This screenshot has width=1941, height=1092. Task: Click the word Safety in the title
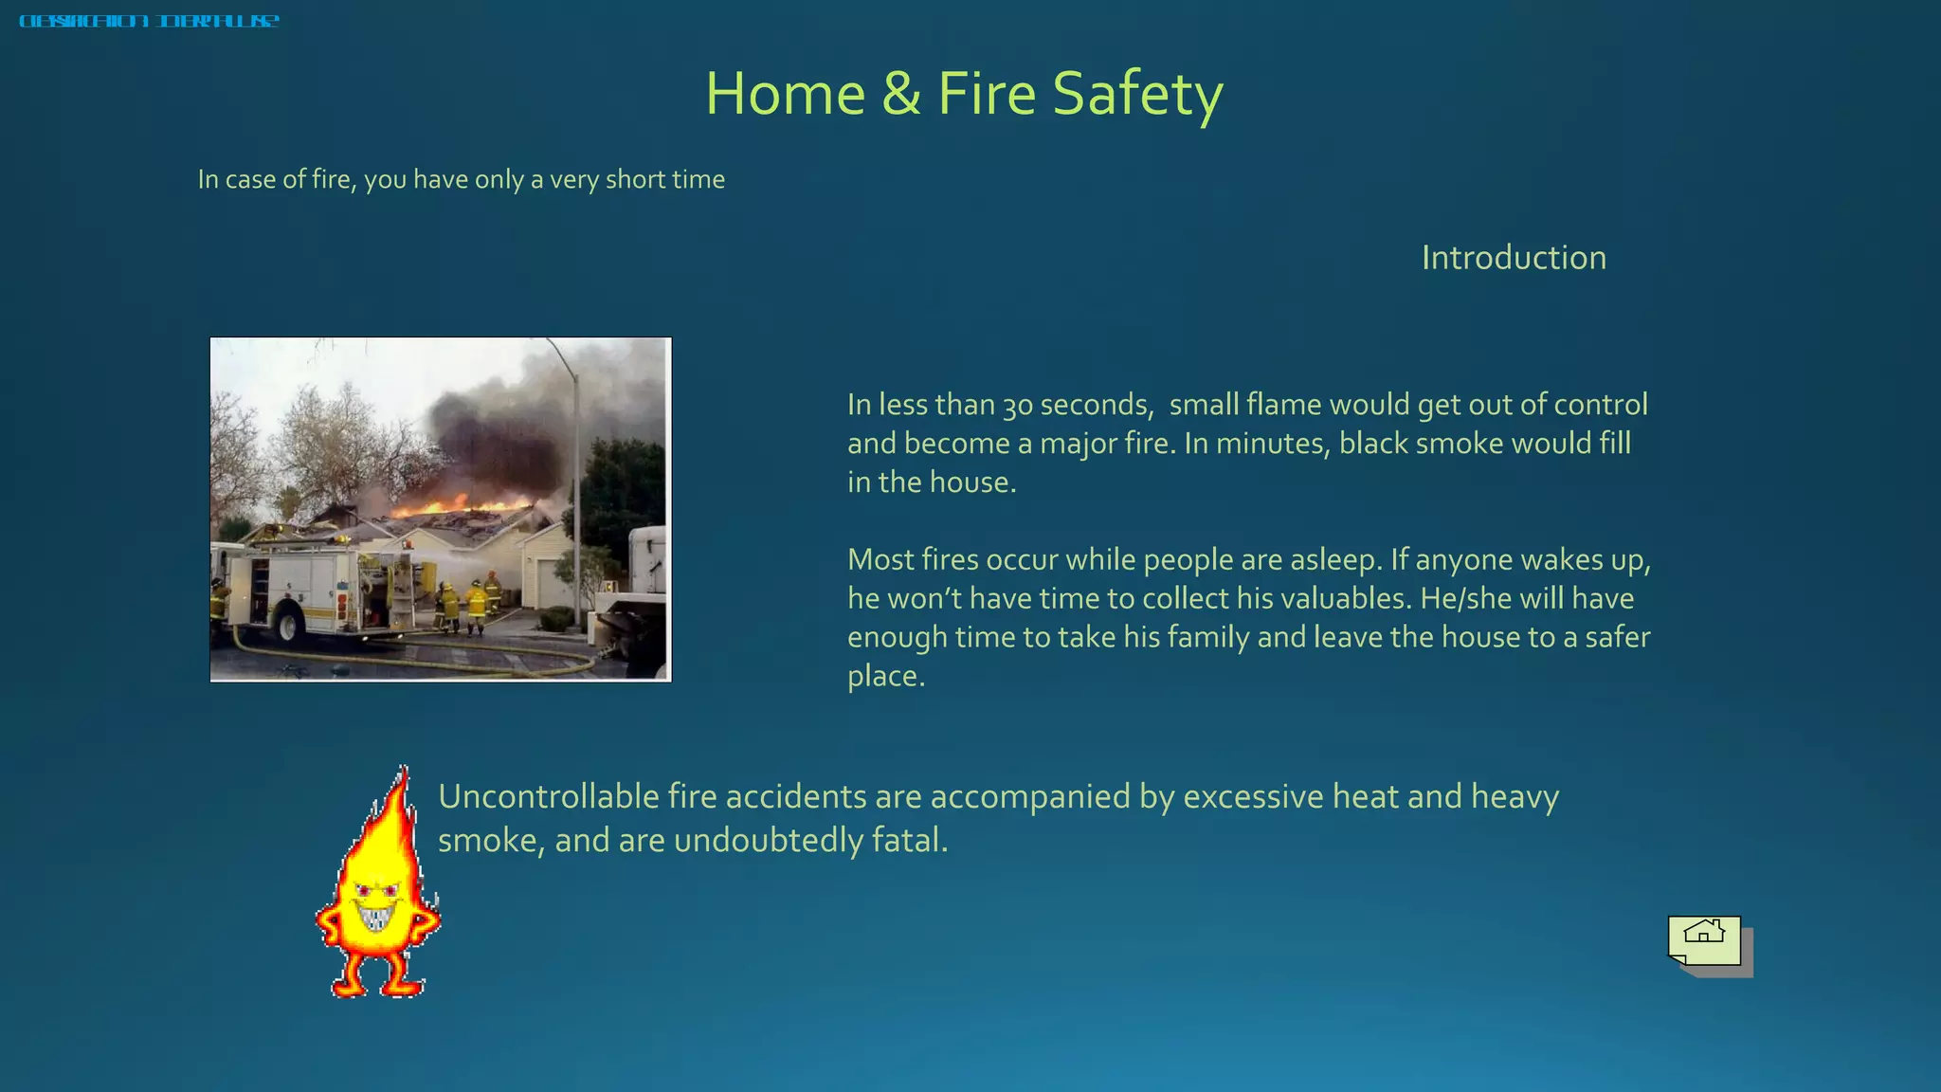(x=1137, y=95)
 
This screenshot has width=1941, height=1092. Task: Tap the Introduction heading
(x=1514, y=258)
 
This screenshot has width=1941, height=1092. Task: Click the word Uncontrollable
(x=548, y=796)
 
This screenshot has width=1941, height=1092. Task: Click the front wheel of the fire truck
(x=288, y=626)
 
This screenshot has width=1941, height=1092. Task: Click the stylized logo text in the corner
(x=149, y=21)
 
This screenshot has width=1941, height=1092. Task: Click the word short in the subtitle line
(x=634, y=179)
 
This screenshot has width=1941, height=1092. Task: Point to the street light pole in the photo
(x=575, y=474)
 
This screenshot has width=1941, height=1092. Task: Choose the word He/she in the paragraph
(x=1465, y=598)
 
